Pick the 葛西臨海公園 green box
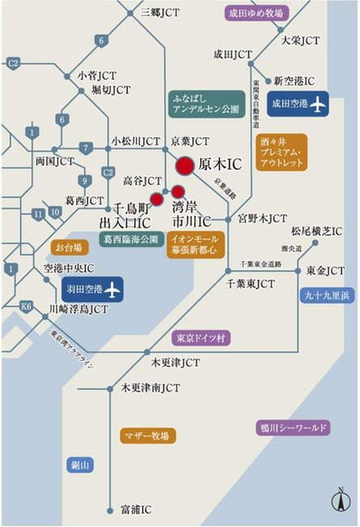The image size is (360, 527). (130, 240)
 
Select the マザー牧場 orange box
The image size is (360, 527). (146, 436)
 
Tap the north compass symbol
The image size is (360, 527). (343, 499)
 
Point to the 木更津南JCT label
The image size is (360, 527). (150, 388)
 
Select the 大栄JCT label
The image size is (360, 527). (300, 40)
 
